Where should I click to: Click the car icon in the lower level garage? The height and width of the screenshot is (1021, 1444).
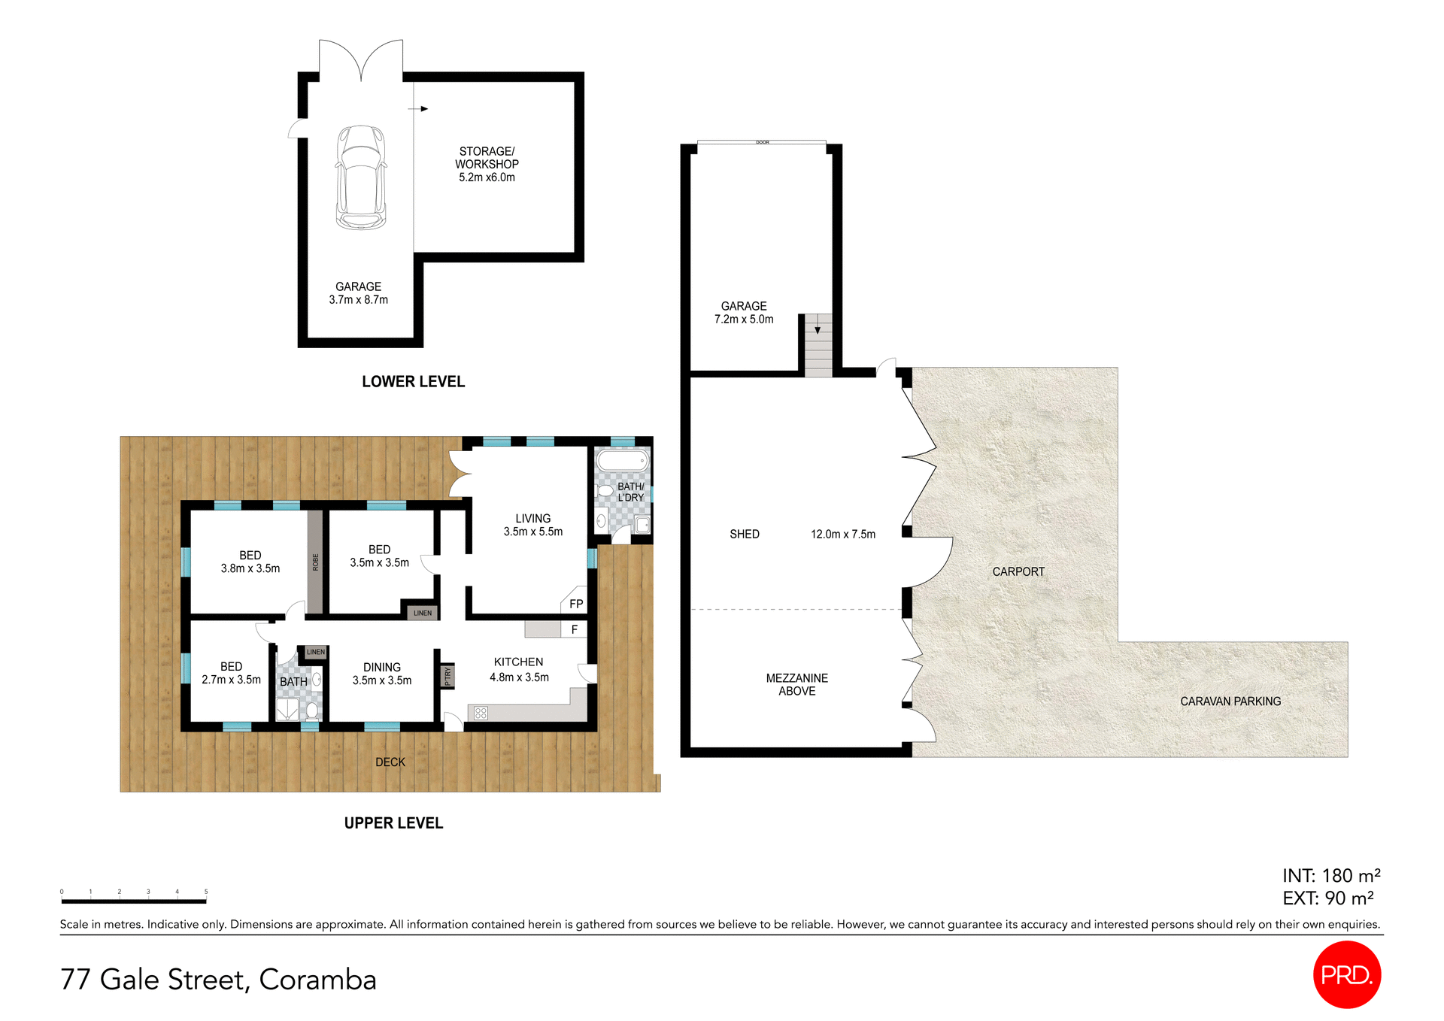tap(360, 177)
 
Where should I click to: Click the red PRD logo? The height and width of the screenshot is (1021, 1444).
tap(1346, 974)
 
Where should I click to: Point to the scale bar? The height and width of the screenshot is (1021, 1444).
tap(134, 900)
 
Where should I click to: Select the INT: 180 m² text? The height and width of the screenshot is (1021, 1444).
tap(1330, 876)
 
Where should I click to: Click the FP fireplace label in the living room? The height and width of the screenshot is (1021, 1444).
tap(576, 604)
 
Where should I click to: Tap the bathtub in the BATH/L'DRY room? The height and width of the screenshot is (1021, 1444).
tap(622, 459)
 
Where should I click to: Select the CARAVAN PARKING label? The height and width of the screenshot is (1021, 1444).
tap(1230, 701)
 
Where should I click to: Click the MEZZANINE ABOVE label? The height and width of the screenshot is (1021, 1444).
tap(796, 684)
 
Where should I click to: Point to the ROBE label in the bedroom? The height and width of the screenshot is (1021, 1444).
tap(315, 562)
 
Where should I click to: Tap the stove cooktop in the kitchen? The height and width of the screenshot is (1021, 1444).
tap(481, 713)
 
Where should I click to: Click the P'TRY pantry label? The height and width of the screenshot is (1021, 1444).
tap(447, 677)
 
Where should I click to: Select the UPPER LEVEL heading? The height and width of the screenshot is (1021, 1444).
tap(393, 823)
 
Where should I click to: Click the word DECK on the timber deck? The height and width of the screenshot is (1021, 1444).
tap(390, 762)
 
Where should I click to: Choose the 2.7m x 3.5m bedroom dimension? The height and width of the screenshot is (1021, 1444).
tap(231, 680)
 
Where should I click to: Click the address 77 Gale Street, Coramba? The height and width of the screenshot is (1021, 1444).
tap(218, 980)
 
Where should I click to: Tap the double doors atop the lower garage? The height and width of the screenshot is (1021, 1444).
tap(361, 60)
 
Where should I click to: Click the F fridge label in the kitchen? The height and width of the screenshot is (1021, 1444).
tap(575, 629)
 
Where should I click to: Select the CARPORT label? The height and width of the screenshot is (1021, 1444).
tap(1018, 572)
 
